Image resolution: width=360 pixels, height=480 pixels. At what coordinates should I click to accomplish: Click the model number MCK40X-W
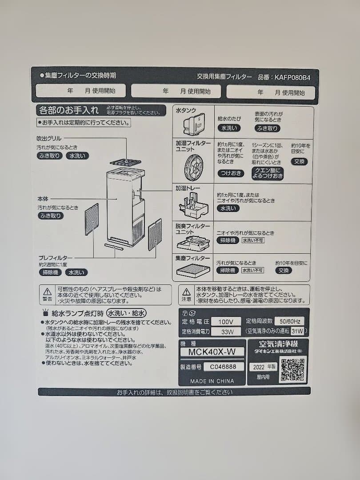tap(212, 352)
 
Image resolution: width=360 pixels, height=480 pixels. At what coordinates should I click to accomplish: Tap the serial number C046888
tap(224, 367)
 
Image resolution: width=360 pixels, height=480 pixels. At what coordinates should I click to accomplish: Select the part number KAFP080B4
tap(292, 77)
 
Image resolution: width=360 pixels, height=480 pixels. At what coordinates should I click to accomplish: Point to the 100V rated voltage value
tap(226, 321)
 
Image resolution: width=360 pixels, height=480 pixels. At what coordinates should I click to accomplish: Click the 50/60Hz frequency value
tap(289, 321)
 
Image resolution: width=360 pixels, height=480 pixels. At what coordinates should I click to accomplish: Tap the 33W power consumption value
tap(226, 331)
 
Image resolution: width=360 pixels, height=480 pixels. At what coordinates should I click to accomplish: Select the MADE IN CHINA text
tap(212, 381)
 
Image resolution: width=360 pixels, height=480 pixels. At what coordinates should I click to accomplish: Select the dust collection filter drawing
tap(193, 271)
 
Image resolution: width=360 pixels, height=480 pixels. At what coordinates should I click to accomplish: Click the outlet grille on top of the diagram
tap(125, 162)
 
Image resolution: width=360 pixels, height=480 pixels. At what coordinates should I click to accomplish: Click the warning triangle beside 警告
tap(48, 292)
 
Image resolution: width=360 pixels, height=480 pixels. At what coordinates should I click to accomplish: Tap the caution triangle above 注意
tap(187, 292)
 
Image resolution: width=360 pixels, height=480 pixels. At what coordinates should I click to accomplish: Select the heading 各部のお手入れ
tap(69, 110)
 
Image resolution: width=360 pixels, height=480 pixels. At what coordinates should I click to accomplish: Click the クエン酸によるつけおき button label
tap(267, 173)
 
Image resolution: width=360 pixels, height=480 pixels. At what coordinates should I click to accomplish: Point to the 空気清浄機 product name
tap(279, 344)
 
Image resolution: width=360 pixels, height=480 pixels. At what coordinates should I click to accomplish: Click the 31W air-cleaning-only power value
tap(297, 331)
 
